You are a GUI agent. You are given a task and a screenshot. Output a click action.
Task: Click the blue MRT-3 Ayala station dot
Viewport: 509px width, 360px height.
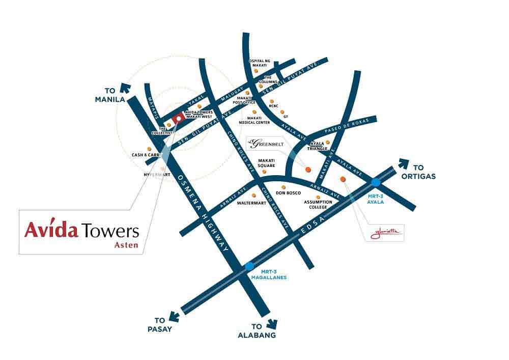coord(376,182)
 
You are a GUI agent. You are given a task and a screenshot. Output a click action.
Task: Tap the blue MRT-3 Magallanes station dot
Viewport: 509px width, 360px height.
coord(249,266)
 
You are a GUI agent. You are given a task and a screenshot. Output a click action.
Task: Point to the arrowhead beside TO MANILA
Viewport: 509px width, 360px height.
coord(123,87)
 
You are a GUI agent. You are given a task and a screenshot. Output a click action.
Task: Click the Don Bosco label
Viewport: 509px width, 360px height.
coord(288,193)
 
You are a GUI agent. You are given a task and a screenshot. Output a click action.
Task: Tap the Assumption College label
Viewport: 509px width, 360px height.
coord(318,205)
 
